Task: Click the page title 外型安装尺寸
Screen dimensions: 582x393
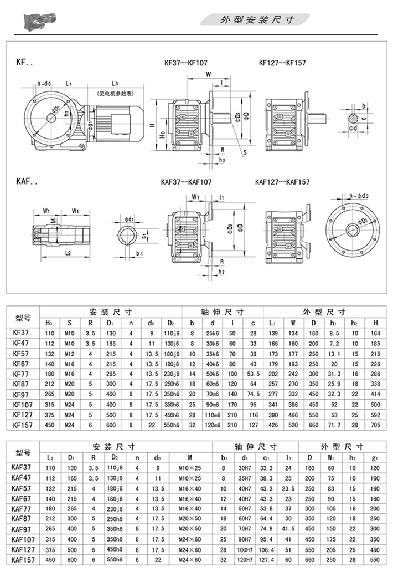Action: pyautogui.click(x=257, y=19)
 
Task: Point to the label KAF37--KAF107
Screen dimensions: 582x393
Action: pyautogui.click(x=186, y=181)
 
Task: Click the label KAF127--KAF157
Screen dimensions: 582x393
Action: pyautogui.click(x=282, y=181)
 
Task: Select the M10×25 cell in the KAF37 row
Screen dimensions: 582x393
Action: pyautogui.click(x=190, y=468)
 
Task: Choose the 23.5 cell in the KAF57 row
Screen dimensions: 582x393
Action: pyautogui.click(x=288, y=489)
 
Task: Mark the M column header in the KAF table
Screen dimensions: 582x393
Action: pyautogui.click(x=189, y=457)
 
